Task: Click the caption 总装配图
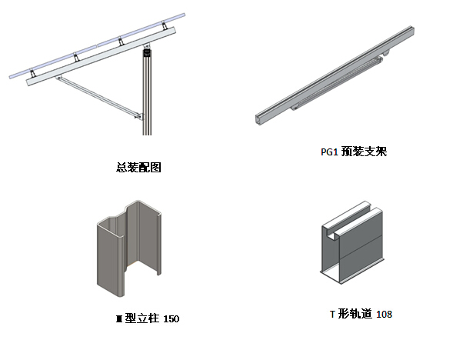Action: (138, 167)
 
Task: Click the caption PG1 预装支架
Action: (354, 151)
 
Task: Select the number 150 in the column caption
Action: (172, 318)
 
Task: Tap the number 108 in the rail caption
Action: (385, 314)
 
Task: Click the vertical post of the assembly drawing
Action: (147, 92)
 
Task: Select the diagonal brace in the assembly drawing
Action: (98, 96)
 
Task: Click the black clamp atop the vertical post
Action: (147, 52)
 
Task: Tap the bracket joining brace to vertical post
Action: (139, 116)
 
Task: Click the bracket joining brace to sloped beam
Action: (58, 78)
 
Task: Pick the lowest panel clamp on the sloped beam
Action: (32, 73)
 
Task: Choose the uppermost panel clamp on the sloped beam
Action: (165, 25)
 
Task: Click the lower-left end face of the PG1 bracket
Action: (259, 119)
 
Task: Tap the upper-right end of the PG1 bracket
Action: (411, 31)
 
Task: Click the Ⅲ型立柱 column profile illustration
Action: (129, 248)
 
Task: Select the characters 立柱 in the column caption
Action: (148, 318)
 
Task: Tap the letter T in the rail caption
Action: (332, 314)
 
